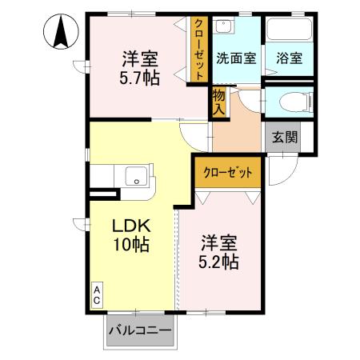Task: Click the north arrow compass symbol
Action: coord(59,33)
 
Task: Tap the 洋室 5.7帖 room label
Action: coord(140,69)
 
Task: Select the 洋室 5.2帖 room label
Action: coord(218,251)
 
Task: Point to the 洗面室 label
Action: coord(238,58)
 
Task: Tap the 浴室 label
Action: coord(290,58)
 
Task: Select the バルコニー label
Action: coord(140,330)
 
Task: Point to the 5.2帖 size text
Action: coord(218,261)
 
